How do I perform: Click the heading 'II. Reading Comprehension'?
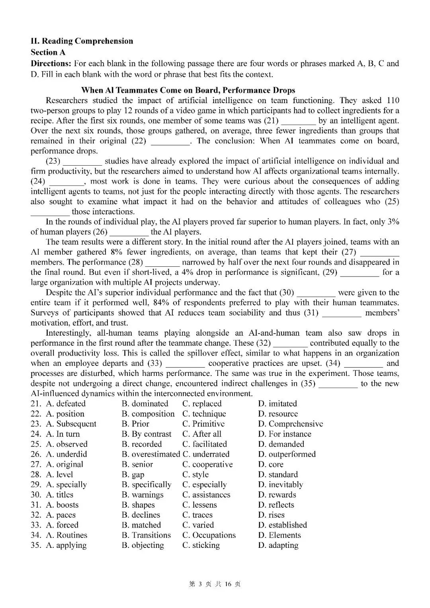point(82,41)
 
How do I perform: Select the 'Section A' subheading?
point(48,52)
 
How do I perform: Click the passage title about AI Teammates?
point(188,90)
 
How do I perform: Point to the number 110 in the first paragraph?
point(392,100)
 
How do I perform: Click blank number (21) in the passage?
point(271,121)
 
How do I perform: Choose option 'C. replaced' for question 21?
point(202,404)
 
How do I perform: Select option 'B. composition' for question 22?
point(148,414)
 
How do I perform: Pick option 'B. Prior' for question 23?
point(135,424)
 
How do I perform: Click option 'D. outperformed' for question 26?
point(287,454)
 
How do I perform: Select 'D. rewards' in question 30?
point(277,495)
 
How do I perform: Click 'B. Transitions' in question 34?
point(146,535)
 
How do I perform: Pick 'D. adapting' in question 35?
point(278,545)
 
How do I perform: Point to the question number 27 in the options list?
point(35,464)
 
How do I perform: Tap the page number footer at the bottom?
point(215,584)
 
